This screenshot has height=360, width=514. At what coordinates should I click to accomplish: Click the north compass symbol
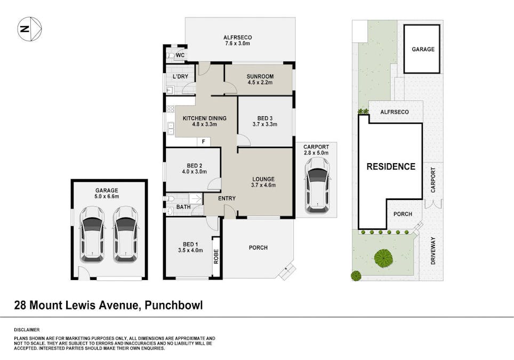tap(29, 29)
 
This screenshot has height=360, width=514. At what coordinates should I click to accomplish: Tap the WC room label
tap(180, 55)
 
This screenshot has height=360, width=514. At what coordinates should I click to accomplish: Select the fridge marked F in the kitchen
tap(204, 142)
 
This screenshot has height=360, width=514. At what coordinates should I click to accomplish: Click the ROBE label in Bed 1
tap(216, 257)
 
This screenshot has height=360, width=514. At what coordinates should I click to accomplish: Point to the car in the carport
tap(317, 186)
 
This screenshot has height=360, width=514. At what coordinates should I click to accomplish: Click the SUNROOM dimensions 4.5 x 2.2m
tap(260, 82)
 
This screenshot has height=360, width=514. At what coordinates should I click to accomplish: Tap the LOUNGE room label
tap(263, 179)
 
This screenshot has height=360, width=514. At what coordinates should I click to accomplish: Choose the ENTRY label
tap(227, 198)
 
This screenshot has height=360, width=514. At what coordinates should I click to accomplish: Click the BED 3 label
tap(265, 118)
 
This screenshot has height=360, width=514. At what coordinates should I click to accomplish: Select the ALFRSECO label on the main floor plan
tap(238, 37)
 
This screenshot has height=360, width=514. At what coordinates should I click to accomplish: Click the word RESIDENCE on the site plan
tap(391, 166)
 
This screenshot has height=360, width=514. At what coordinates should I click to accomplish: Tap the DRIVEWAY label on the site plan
tap(433, 251)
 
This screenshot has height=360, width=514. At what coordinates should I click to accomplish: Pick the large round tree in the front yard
tap(383, 258)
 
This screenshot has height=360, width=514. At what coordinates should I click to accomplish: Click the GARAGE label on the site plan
tap(423, 49)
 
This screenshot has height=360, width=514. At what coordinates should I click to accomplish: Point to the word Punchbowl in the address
tap(174, 305)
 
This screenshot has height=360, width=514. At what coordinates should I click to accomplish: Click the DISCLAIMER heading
tap(27, 330)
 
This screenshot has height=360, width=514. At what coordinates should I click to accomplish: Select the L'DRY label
tap(180, 76)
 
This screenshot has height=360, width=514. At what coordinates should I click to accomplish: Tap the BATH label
tap(183, 207)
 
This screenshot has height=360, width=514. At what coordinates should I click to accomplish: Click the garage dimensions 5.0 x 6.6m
tap(107, 196)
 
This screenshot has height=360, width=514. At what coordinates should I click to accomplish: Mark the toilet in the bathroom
tap(170, 199)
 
